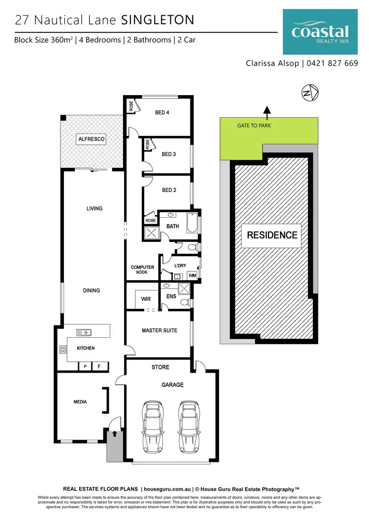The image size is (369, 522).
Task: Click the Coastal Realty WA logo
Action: coord(320,33)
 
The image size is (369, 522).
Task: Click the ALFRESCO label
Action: coord(92,140)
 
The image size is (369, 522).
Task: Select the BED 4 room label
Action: coord(162,113)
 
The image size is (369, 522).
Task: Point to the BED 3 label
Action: coord(169,154)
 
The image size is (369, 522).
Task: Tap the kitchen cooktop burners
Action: coord(63,350)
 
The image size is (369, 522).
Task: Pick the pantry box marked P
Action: coord(85,366)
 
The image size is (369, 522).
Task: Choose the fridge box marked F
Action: coord(99,366)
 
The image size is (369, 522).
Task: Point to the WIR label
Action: coord(146,299)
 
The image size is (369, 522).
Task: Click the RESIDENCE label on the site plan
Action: coord(272,235)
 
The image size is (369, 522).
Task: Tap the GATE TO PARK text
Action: coord(254,126)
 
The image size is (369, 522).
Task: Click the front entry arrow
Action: coord(115,434)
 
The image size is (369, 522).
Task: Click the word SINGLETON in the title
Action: coord(157,20)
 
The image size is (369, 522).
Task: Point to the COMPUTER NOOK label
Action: coord(142,270)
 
